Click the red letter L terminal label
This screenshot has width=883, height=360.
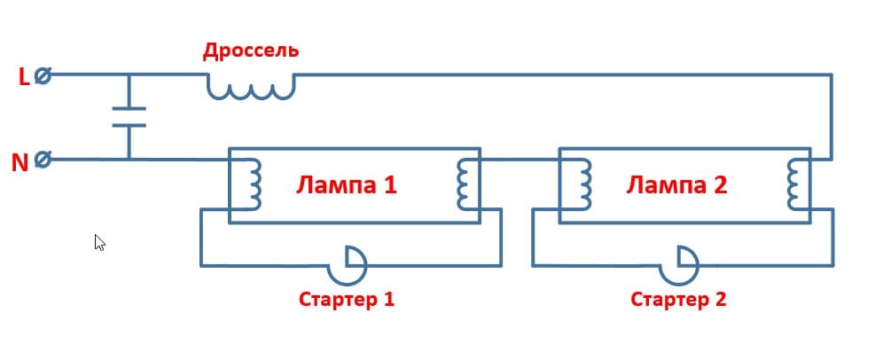coord(24,77)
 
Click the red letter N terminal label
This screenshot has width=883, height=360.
coord(20,162)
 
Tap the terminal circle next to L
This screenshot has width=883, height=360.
coord(42,76)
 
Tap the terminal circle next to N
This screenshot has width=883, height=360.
coord(42,160)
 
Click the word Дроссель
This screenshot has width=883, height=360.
coord(251,50)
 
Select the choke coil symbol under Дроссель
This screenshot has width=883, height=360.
coord(251,86)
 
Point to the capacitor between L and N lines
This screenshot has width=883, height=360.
coord(129,117)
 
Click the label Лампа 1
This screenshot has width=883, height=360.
coord(346,186)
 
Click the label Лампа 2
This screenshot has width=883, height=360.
coord(676,186)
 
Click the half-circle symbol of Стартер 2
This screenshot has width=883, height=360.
coord(685,261)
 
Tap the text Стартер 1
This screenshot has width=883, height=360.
coord(346,299)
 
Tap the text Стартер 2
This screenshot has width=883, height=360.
coord(678,299)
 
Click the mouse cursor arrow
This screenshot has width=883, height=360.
coord(99,242)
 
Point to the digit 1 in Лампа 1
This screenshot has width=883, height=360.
coord(390,186)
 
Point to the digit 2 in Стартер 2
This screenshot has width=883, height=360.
coord(719,299)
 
